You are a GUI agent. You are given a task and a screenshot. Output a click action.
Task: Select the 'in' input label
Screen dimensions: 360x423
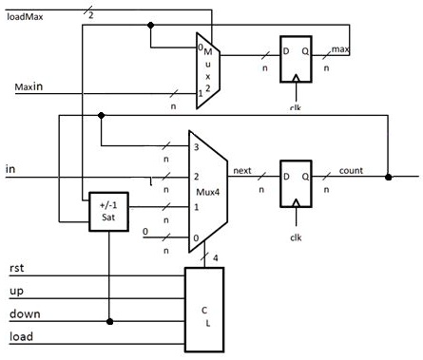pos(10,168)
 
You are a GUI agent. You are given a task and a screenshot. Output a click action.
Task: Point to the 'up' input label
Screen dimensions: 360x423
pos(15,292)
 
